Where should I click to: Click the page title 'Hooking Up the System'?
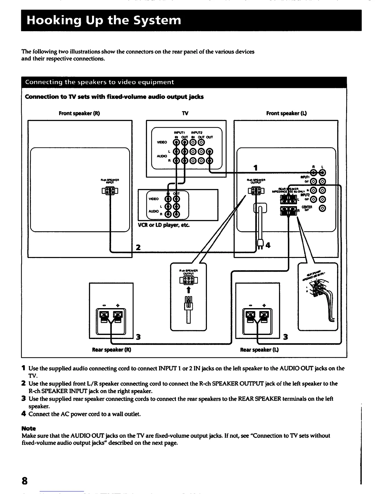(104, 20)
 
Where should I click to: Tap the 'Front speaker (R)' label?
(79, 113)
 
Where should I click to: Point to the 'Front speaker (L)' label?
(286, 113)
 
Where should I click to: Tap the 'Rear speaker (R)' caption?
(111, 350)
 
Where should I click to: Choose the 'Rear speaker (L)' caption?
(259, 350)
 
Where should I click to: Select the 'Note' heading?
(29, 429)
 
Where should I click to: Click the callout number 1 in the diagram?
(256, 168)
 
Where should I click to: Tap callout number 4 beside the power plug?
(268, 245)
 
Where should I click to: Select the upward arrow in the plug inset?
(189, 289)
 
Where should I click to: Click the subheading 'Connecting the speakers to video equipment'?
(100, 82)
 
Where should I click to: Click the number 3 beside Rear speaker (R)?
(138, 337)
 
